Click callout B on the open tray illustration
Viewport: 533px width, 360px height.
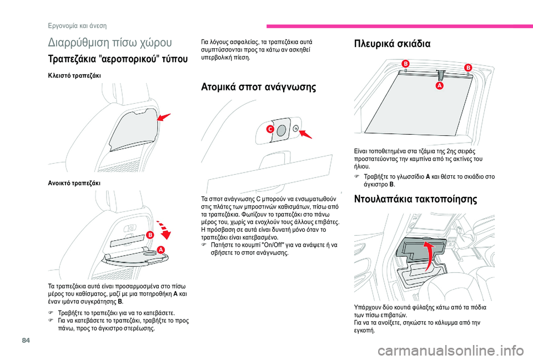[x=149, y=235]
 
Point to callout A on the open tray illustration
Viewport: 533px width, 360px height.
[x=162, y=250]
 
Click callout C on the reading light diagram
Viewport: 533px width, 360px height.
[x=270, y=129]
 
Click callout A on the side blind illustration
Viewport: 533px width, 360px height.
[x=439, y=87]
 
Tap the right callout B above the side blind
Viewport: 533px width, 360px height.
[x=467, y=67]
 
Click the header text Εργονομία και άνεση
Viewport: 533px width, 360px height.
[x=77, y=26]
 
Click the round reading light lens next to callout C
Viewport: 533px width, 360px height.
[x=281, y=129]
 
